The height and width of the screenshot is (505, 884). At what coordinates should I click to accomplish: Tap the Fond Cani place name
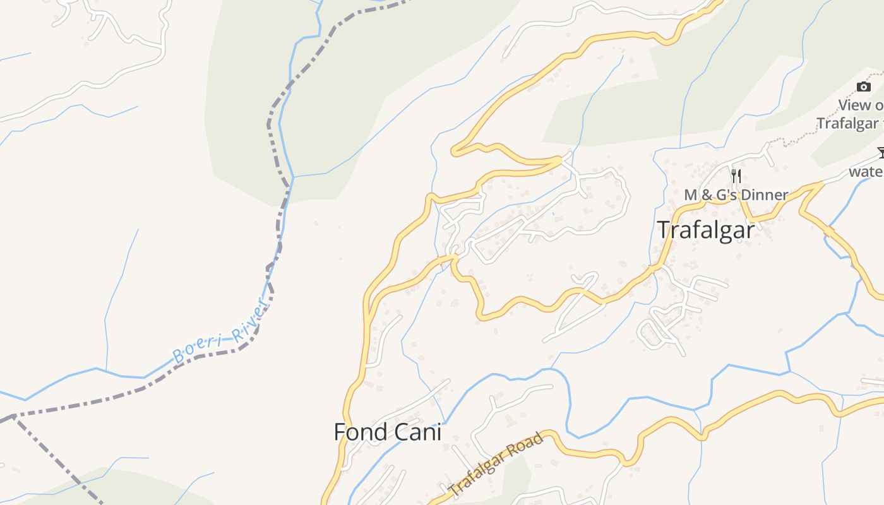point(387,432)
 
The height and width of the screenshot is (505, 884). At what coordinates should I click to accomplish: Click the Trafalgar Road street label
point(496,463)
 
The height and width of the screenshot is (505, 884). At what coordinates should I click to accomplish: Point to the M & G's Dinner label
point(736,195)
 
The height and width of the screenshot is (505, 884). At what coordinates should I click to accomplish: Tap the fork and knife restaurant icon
point(736,175)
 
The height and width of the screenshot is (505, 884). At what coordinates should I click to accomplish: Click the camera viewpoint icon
point(863,86)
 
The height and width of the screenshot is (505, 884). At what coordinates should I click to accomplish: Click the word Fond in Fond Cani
point(360,432)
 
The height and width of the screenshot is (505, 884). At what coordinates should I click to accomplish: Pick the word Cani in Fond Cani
point(417,432)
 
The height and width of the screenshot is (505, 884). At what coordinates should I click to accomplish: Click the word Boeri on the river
point(197,347)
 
